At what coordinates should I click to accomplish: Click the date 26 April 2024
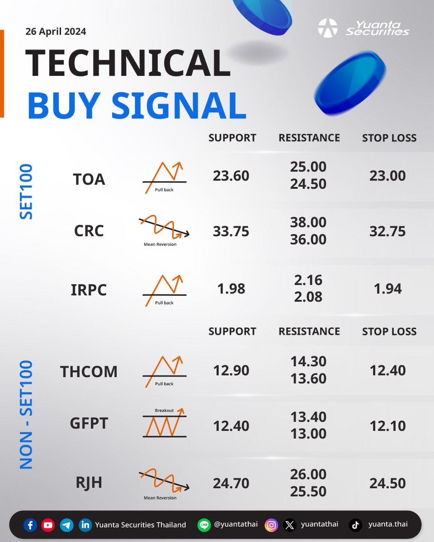click(x=56, y=32)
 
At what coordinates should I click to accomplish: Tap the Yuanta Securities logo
click(x=363, y=28)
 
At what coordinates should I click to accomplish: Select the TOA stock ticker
click(x=89, y=179)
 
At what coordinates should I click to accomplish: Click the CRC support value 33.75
click(x=231, y=231)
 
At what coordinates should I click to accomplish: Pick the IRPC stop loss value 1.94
click(x=387, y=289)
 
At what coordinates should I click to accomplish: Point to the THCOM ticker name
click(x=89, y=371)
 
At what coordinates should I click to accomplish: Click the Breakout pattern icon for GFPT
click(x=165, y=423)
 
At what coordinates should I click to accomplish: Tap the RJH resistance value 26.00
click(x=308, y=474)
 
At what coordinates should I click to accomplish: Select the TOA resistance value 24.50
click(x=308, y=184)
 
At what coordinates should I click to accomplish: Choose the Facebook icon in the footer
click(x=30, y=525)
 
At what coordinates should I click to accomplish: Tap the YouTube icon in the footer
click(x=48, y=525)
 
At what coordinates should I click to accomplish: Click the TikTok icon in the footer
click(x=356, y=525)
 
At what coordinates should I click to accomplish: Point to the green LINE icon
click(x=204, y=525)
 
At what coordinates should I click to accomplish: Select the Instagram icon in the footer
click(x=271, y=525)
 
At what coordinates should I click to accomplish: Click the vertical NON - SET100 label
click(x=26, y=415)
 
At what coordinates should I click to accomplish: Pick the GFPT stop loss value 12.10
click(x=387, y=426)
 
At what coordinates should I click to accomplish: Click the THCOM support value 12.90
click(x=231, y=370)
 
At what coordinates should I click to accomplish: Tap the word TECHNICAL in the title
click(x=128, y=63)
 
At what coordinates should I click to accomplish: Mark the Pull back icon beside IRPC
click(x=165, y=290)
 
